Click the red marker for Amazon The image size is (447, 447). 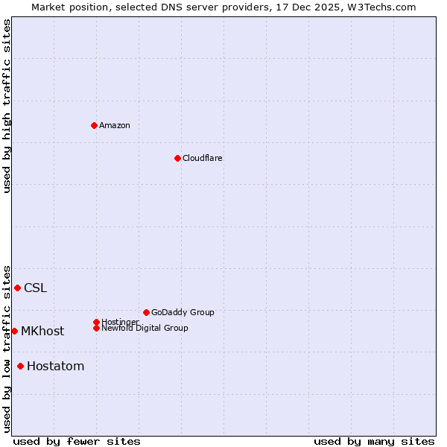pyautogui.click(x=94, y=125)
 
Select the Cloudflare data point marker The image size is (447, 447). pyautogui.click(x=177, y=158)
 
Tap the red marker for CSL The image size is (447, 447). pyautogui.click(x=17, y=288)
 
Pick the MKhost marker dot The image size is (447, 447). pyautogui.click(x=14, y=331)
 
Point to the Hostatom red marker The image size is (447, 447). pyautogui.click(x=20, y=366)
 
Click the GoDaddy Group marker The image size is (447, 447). pyautogui.click(x=146, y=312)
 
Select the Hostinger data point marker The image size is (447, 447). pyautogui.click(x=96, y=322)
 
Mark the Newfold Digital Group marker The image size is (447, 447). pyautogui.click(x=96, y=328)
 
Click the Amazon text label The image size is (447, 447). pyautogui.click(x=115, y=125)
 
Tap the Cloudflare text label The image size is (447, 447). pyautogui.click(x=203, y=158)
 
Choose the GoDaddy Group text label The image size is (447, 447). pyautogui.click(x=183, y=312)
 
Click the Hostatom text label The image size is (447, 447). pyautogui.click(x=55, y=366)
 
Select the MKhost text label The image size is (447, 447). pyautogui.click(x=42, y=331)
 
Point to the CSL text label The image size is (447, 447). pyautogui.click(x=35, y=288)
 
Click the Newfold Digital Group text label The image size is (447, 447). pyautogui.click(x=145, y=328)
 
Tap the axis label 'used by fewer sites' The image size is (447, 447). pyautogui.click(x=77, y=441)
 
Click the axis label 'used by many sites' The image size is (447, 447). pyautogui.click(x=374, y=441)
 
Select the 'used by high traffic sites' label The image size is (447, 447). pyautogui.click(x=7, y=106)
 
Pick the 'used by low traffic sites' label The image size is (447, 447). pyautogui.click(x=7, y=348)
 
